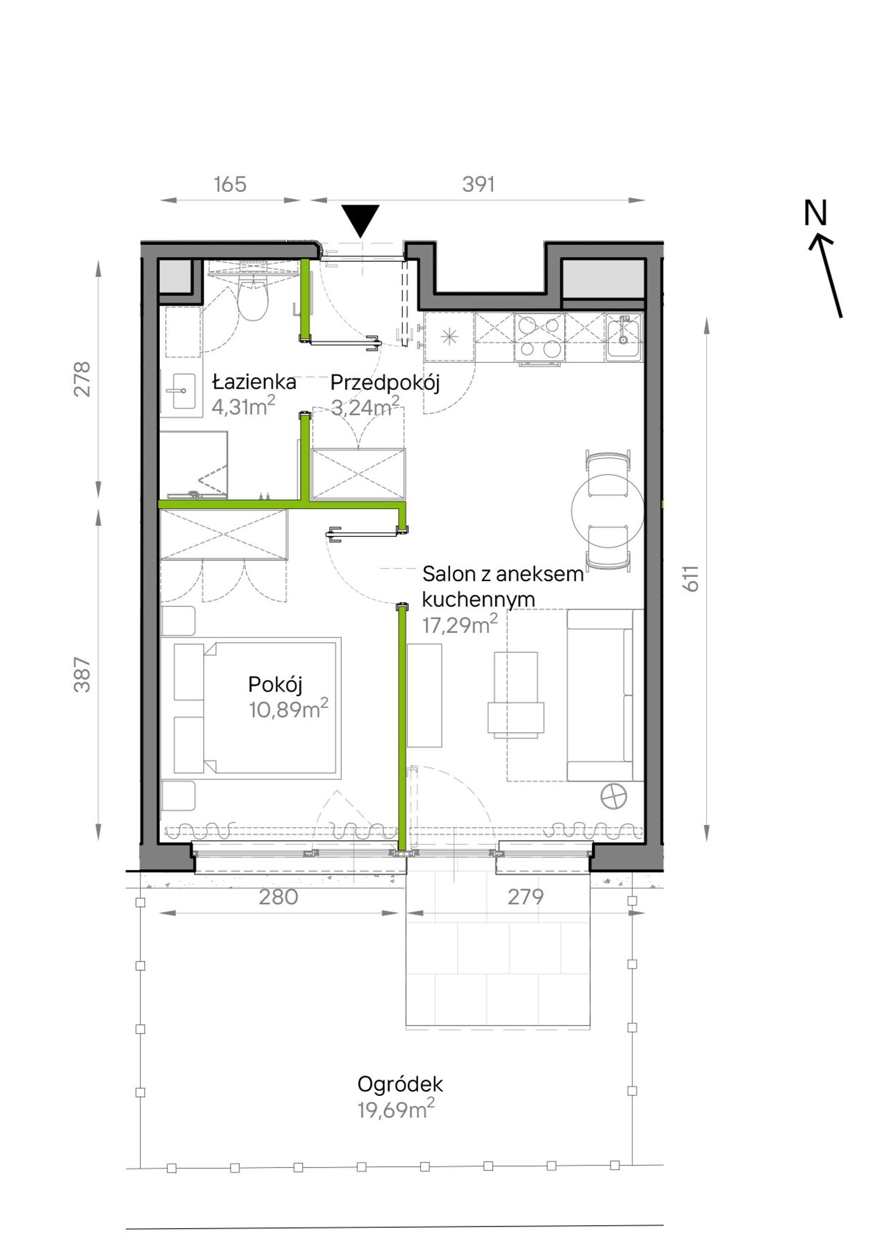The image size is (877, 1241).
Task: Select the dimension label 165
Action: tap(230, 185)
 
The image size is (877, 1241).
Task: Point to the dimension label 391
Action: tap(479, 185)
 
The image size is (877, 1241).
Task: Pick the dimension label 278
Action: tap(82, 380)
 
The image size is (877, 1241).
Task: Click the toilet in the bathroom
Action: tap(253, 300)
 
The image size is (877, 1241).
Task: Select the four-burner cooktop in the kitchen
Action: tap(539, 337)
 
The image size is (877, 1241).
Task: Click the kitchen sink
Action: tap(624, 337)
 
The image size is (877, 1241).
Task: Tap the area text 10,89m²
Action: tap(288, 709)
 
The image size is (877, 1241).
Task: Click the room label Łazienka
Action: tap(254, 382)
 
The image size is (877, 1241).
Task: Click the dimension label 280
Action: tap(278, 897)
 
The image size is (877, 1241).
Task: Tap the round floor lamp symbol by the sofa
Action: tap(614, 796)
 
